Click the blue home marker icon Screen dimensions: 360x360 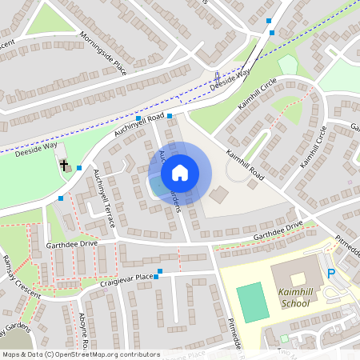coord(180,173)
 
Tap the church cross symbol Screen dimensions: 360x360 coord(62,166)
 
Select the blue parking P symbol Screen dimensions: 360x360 coord(331,274)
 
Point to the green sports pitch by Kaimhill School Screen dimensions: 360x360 coord(253,301)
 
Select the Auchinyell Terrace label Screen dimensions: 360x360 coord(105,194)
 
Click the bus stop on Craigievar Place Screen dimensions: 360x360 coord(159,272)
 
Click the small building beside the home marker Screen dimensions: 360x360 coord(218,194)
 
